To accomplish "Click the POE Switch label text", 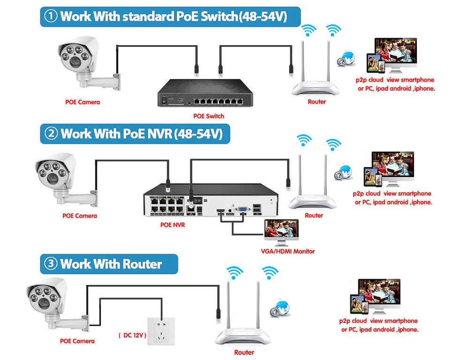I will tap(209, 116).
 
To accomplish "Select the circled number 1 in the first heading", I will tap(51, 17).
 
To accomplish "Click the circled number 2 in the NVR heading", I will tap(51, 134).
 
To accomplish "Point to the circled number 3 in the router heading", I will tap(51, 264).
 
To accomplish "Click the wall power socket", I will tap(163, 332).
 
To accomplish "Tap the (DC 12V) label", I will tap(132, 336).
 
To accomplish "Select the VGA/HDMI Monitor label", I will tap(287, 251).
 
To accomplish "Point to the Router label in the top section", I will tap(317, 102).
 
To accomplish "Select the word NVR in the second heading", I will tap(158, 134).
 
